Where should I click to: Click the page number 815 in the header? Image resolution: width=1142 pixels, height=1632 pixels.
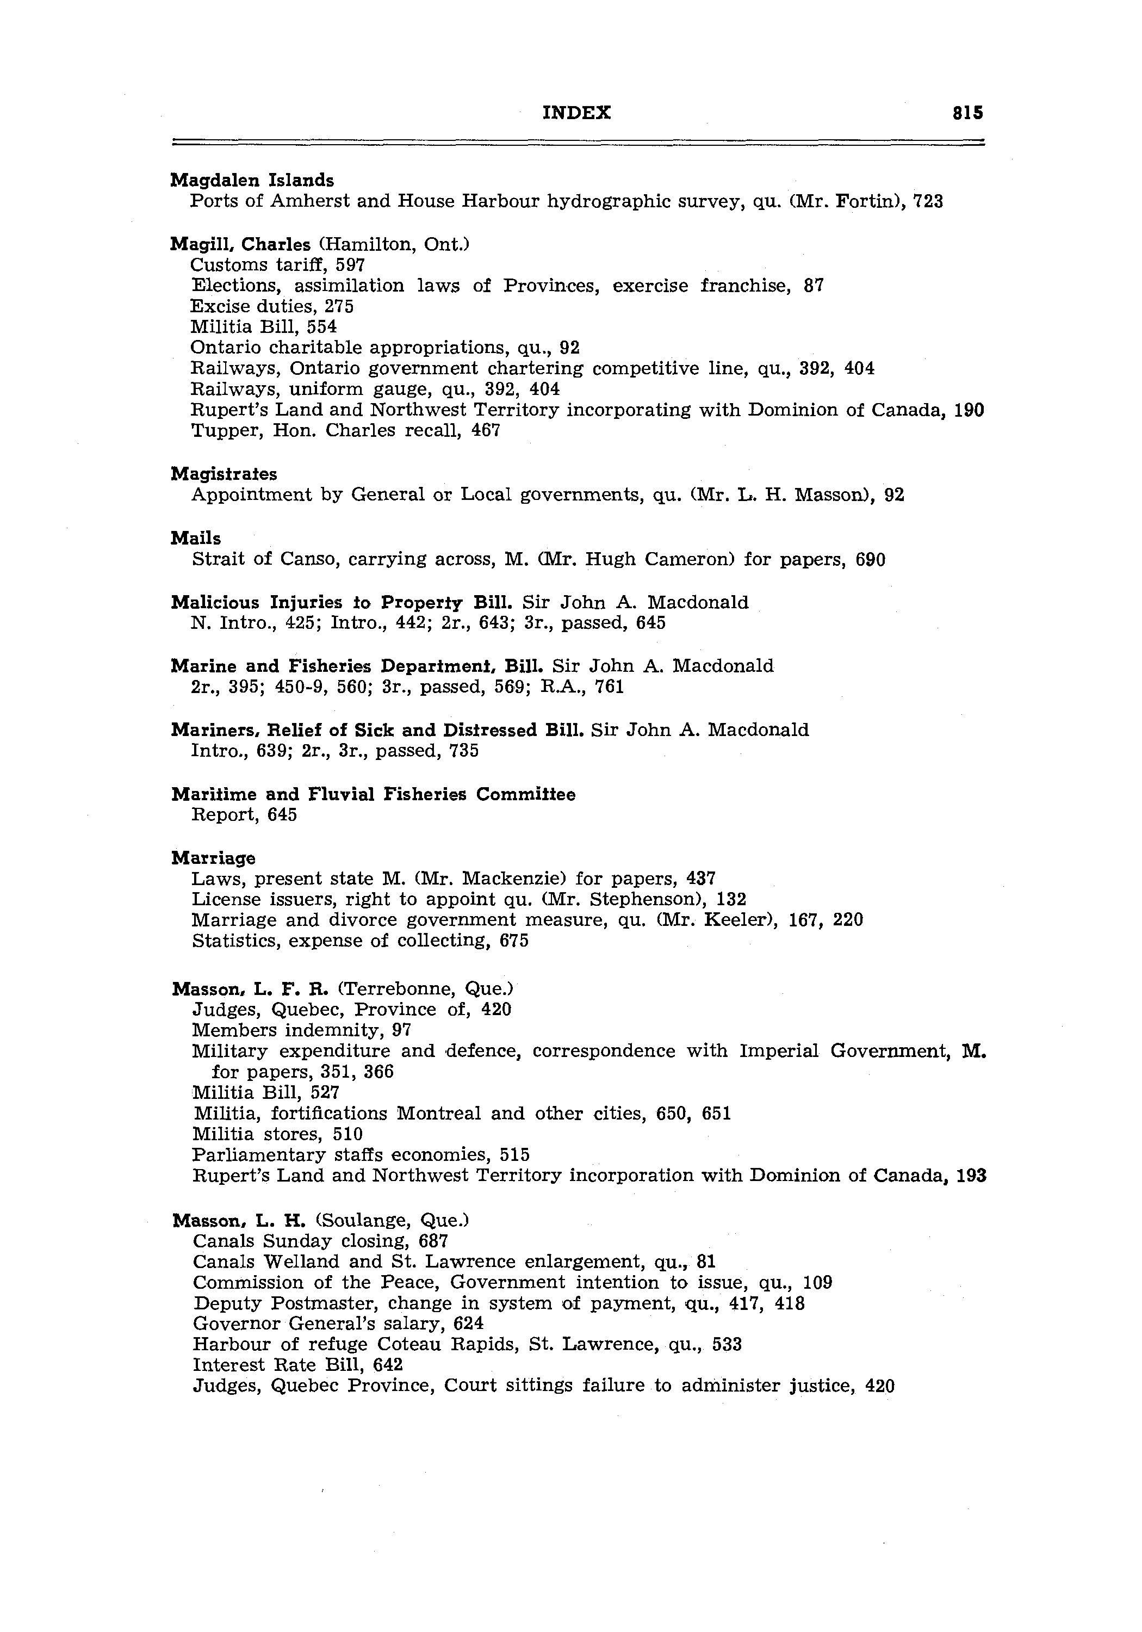tap(968, 113)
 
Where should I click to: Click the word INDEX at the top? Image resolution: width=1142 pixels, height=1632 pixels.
tap(576, 113)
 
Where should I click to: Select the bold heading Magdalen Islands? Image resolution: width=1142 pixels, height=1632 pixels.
tap(252, 181)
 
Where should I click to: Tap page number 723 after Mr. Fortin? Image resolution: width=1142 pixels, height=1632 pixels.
tap(928, 202)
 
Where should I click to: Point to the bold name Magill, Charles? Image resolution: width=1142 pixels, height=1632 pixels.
tap(240, 244)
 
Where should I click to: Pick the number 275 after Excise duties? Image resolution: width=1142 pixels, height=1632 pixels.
tap(339, 306)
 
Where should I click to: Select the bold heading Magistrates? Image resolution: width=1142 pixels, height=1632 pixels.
tap(224, 474)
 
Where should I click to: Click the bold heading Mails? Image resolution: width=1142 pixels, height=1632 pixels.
tap(195, 539)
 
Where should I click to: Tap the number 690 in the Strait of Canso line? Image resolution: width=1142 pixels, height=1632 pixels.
tap(871, 560)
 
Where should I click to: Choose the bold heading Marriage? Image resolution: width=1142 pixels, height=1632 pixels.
tap(213, 858)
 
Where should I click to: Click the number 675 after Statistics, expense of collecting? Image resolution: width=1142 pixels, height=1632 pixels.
tap(514, 941)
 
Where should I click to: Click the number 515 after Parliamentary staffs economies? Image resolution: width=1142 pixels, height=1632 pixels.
tap(514, 1154)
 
